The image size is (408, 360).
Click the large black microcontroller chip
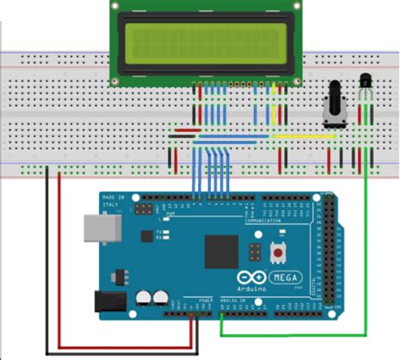[222, 251]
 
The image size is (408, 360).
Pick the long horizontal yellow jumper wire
[302, 135]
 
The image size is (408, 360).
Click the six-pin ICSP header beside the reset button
[255, 251]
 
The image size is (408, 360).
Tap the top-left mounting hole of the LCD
[117, 6]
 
